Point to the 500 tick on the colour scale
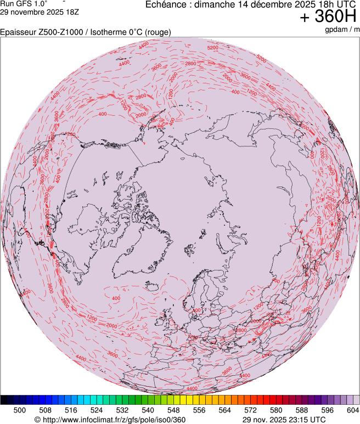tap(20, 410)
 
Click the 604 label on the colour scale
tap(352, 410)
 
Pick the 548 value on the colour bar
tap(173, 410)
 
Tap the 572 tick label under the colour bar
tap(250, 410)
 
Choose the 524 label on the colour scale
tap(97, 410)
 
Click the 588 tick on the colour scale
tap(301, 410)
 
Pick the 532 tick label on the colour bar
tap(122, 410)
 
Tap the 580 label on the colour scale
tap(275, 410)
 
